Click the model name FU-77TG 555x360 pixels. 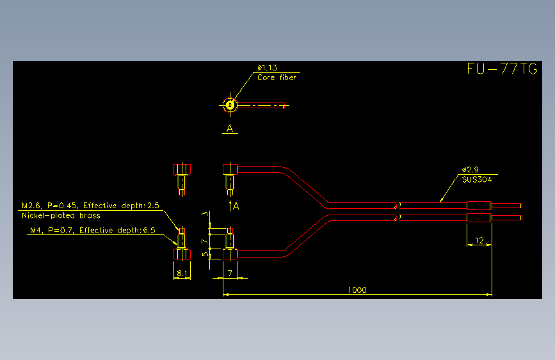coord(503,69)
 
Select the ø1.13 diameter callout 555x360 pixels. coord(267,67)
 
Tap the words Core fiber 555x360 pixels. coord(277,78)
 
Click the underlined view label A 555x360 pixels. coord(230,128)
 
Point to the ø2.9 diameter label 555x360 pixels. coord(470,170)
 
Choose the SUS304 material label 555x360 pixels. coord(477,179)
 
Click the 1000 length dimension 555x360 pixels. coord(357,290)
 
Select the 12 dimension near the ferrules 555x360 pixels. coord(479,240)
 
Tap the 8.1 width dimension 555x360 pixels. coord(182,273)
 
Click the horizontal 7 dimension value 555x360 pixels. coord(230,273)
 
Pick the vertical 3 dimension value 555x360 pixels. coord(205,214)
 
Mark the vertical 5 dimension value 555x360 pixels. coord(205,254)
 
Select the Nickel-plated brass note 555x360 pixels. coord(61,215)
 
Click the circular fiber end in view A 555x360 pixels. coord(230,105)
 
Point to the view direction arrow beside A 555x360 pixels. coord(230,206)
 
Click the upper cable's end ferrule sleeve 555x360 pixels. coord(479,206)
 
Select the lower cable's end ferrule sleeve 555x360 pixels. coord(479,218)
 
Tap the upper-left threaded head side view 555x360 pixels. coord(182,179)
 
